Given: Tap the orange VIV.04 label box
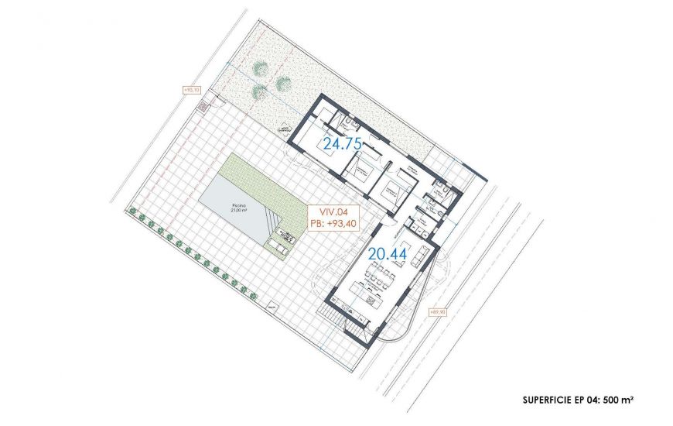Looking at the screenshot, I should pyautogui.click(x=333, y=215).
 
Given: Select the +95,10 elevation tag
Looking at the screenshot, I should pyautogui.click(x=191, y=90).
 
